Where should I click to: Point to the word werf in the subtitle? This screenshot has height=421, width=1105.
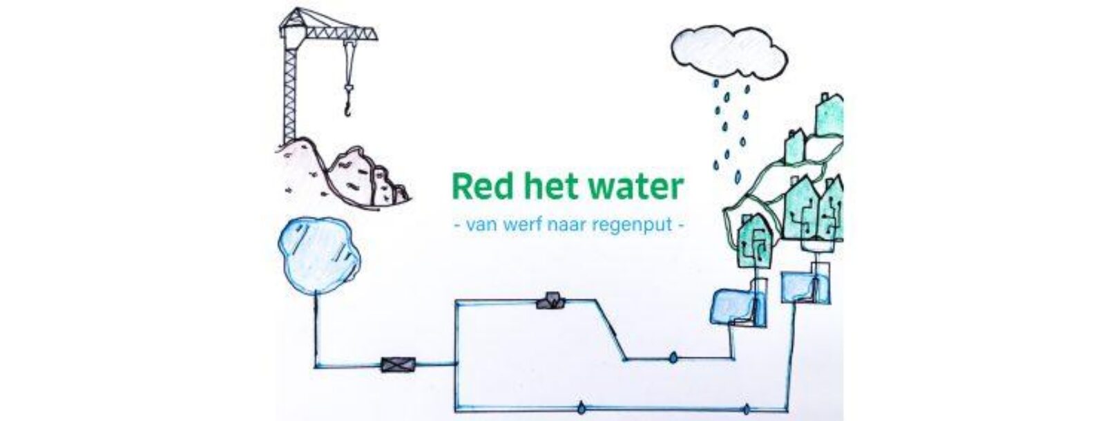(519, 225)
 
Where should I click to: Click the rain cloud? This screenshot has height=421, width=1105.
(729, 52)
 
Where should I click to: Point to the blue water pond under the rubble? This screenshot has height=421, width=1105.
(318, 254)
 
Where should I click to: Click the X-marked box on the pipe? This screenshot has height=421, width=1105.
(398, 365)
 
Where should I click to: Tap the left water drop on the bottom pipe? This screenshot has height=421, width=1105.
(582, 408)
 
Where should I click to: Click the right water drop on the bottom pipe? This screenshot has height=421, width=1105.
(747, 409)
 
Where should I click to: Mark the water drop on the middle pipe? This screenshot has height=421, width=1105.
(673, 358)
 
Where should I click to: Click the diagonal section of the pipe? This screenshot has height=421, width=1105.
(611, 329)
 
